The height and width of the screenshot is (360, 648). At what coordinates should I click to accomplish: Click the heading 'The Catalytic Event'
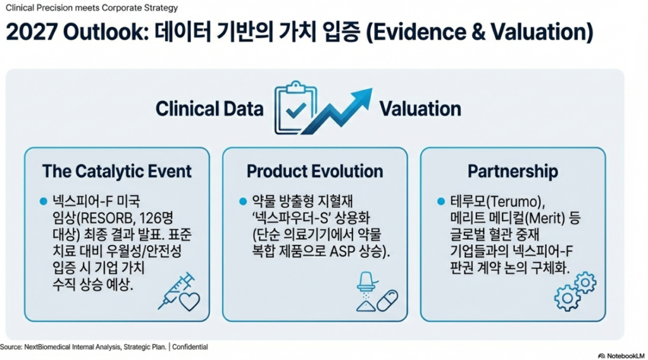pos(117,171)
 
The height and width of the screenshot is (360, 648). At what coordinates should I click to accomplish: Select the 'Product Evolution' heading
pos(315,171)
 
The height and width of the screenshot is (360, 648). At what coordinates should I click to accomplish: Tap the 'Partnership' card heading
pos(513,171)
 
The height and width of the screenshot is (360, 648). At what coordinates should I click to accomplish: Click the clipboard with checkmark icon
pos(295,107)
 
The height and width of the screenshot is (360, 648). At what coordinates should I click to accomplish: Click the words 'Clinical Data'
pos(209,109)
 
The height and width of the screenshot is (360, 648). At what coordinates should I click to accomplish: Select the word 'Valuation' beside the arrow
pos(420,109)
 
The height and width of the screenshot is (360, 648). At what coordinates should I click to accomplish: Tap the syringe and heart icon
pos(179,292)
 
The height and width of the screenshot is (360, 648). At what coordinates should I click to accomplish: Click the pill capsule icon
pos(387,301)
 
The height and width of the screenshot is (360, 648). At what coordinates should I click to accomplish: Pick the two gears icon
pos(575,291)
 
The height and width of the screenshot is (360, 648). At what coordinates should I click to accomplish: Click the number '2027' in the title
pos(32,32)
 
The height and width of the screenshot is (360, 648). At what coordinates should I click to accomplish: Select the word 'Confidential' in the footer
pos(190,347)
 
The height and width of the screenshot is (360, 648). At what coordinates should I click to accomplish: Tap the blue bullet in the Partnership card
pos(441,201)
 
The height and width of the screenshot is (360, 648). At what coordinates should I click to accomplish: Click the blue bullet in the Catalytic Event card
pos(44,201)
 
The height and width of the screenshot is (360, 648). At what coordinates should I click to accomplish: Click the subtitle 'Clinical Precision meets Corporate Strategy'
pos(92,8)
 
